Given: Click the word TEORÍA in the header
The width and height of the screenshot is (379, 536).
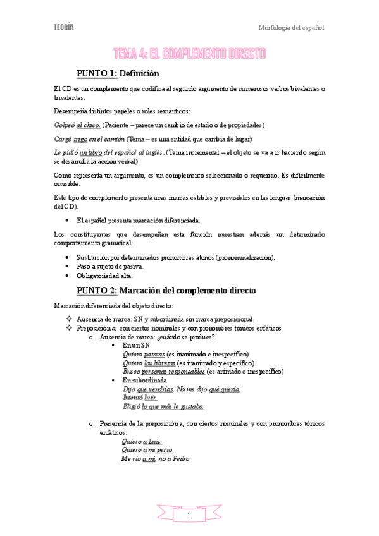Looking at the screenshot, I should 63,27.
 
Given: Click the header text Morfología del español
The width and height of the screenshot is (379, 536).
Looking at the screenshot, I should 291,28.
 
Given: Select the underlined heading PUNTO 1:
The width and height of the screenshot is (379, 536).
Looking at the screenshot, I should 97,74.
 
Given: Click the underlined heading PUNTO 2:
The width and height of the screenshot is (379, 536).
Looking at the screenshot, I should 97,291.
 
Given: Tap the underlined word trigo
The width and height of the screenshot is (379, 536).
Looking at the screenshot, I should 80,138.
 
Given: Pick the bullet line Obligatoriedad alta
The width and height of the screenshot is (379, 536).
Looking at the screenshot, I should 105,276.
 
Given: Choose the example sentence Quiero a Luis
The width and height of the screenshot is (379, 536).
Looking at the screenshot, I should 141,441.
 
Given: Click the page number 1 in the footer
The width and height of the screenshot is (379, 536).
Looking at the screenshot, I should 189,516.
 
